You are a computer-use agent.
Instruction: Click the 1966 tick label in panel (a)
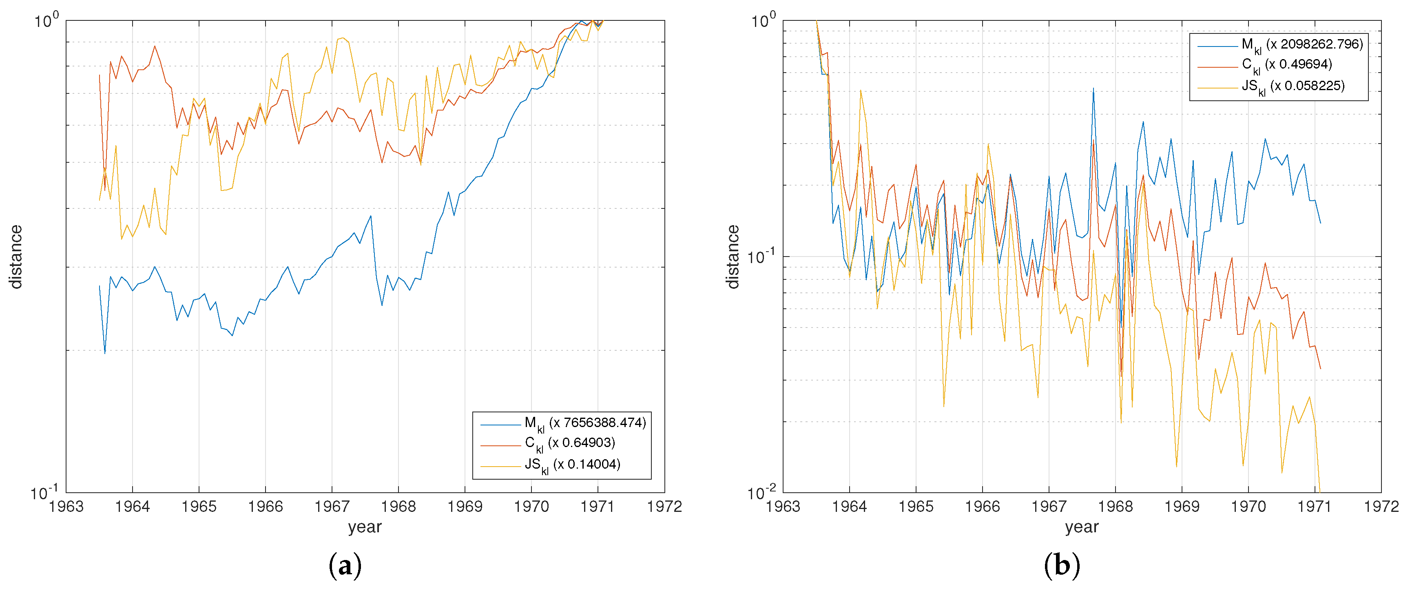(x=266, y=507)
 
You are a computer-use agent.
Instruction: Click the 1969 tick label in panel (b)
(x=1182, y=507)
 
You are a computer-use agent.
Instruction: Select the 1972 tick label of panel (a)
(x=664, y=507)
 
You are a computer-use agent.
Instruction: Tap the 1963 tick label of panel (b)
(x=783, y=507)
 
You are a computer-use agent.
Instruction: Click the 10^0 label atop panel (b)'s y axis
(x=763, y=21)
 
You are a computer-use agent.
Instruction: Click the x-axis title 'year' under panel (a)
(x=365, y=527)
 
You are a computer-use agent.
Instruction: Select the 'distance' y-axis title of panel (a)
(x=16, y=257)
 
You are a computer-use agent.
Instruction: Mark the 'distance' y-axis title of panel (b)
(x=733, y=257)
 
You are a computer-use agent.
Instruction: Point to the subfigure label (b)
(x=1061, y=566)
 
